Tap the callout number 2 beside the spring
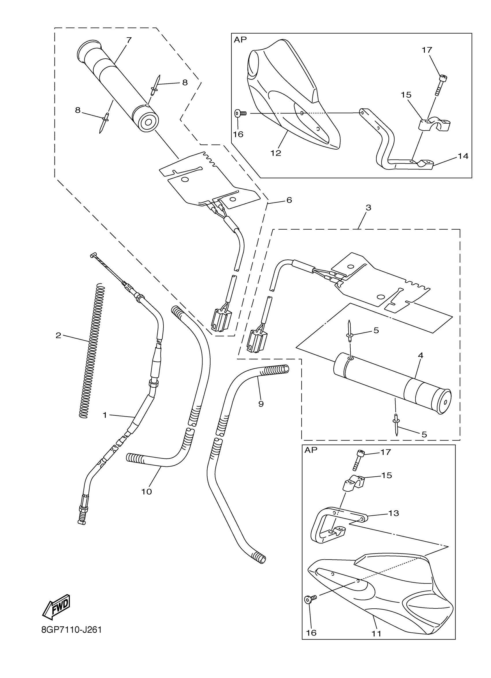58,335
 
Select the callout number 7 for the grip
129,40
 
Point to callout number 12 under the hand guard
276,153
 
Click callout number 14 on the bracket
463,156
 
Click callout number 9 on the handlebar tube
261,404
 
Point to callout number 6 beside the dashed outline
289,200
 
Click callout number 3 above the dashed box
368,207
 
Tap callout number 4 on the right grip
421,355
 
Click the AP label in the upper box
240,40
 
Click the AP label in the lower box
311,450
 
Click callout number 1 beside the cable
105,415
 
